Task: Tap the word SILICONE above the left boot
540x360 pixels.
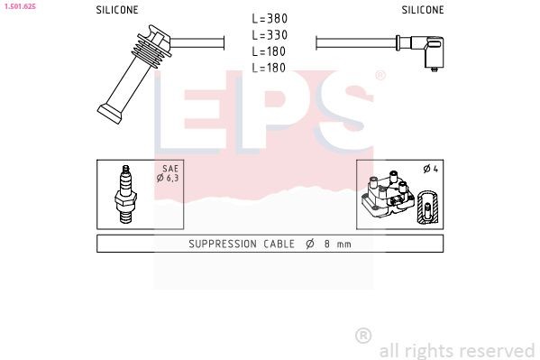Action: coord(117,10)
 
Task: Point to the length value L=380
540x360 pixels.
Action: coord(270,19)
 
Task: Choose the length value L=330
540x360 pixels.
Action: coord(270,35)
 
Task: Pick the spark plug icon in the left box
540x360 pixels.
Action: coord(124,194)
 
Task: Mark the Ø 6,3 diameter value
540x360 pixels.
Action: coord(168,179)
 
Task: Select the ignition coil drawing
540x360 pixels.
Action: coord(387,194)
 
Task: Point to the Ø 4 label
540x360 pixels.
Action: coord(430,169)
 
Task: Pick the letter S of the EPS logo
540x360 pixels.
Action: coord(340,113)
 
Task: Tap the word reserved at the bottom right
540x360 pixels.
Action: coord(497,350)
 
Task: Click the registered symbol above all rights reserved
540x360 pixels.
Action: coord(363,335)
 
